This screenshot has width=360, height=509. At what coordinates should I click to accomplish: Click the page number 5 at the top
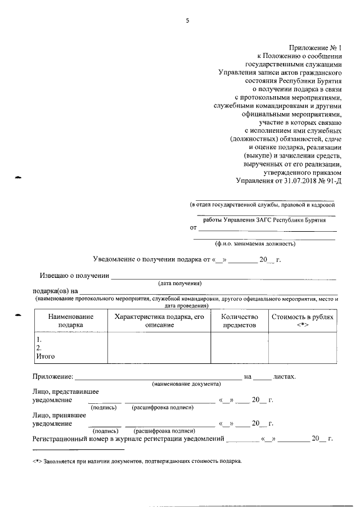(187, 21)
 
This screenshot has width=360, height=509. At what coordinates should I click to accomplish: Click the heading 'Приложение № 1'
(313, 48)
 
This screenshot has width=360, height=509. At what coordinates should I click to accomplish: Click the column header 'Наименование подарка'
(70, 321)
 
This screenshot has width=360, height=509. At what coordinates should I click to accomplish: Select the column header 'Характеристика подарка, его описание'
(159, 321)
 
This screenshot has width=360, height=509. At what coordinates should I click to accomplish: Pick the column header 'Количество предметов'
(239, 321)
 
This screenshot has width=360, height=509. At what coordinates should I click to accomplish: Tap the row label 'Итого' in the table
(46, 356)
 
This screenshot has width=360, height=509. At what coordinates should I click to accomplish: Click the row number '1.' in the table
(39, 340)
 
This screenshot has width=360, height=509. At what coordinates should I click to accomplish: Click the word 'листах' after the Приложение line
(284, 376)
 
